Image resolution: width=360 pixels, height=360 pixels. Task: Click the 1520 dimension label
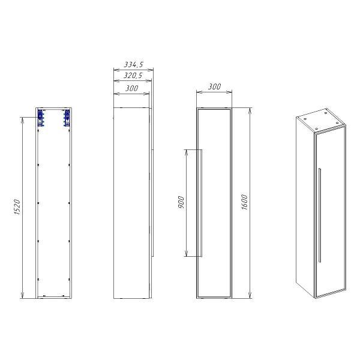[x=17, y=207]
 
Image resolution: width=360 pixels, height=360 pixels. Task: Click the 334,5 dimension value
[x=134, y=65]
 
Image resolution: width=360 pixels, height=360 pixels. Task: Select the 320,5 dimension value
[x=133, y=76]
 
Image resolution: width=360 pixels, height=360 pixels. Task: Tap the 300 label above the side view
[x=132, y=88]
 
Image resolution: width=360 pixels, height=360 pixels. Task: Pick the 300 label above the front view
[x=214, y=86]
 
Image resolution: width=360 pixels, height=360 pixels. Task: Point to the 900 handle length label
[x=181, y=202]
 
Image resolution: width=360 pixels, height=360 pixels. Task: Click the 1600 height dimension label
[x=245, y=202]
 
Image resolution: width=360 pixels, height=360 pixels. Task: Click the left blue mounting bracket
[x=40, y=118]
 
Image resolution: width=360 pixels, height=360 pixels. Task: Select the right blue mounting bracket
[x=67, y=118]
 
